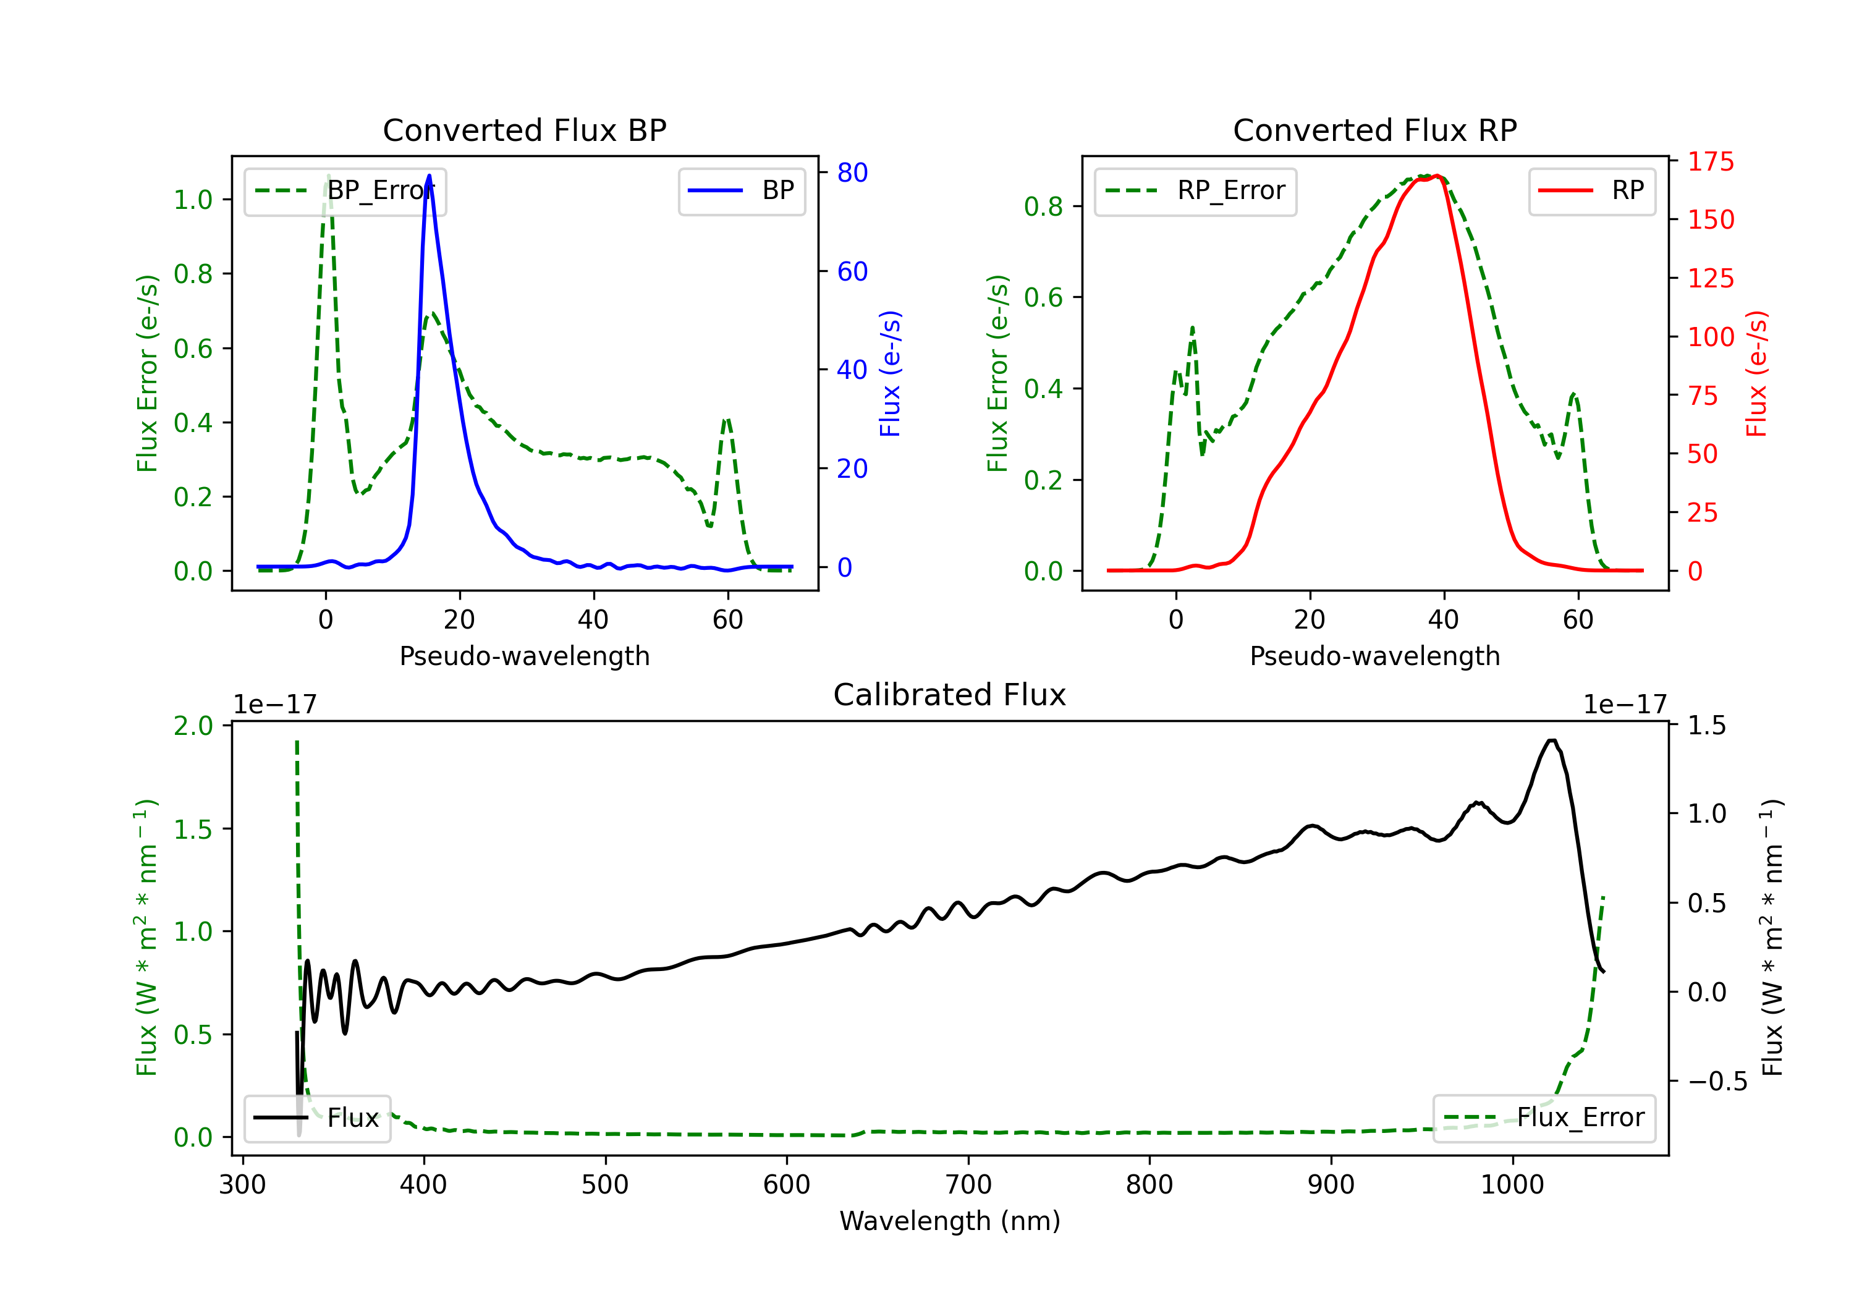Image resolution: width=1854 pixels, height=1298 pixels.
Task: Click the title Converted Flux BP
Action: tap(524, 130)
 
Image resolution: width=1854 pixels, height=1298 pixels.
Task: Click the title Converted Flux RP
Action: tap(1374, 130)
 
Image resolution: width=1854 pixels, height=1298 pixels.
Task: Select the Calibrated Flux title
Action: tap(950, 695)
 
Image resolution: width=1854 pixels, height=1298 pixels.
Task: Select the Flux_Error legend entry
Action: tap(1544, 1118)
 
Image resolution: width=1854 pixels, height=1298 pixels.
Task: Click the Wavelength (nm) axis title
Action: tap(950, 1221)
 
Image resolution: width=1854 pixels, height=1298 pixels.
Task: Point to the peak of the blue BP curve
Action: tap(429, 176)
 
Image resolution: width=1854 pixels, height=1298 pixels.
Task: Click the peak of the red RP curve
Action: tap(1437, 176)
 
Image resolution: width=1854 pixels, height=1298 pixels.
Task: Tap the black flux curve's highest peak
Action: tap(1551, 740)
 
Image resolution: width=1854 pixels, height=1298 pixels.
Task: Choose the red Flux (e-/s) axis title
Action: tap(1757, 373)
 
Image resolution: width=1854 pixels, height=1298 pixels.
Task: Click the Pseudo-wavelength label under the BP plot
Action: tap(524, 656)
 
